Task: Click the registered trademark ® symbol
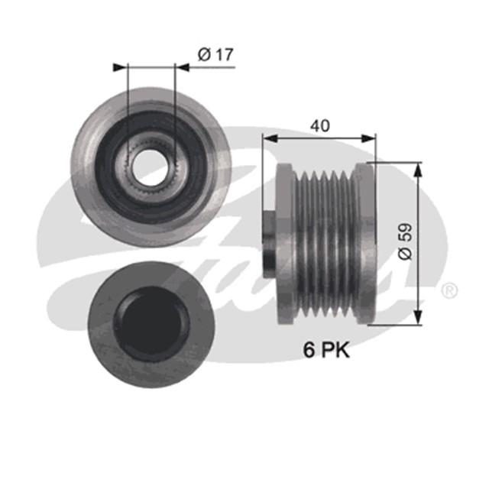click(x=451, y=290)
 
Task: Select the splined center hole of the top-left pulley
click(x=151, y=163)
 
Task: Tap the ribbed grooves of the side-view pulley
click(x=328, y=243)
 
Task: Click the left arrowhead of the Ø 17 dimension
click(x=121, y=67)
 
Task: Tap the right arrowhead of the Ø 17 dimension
click(x=183, y=67)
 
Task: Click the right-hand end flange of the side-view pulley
click(x=371, y=243)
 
